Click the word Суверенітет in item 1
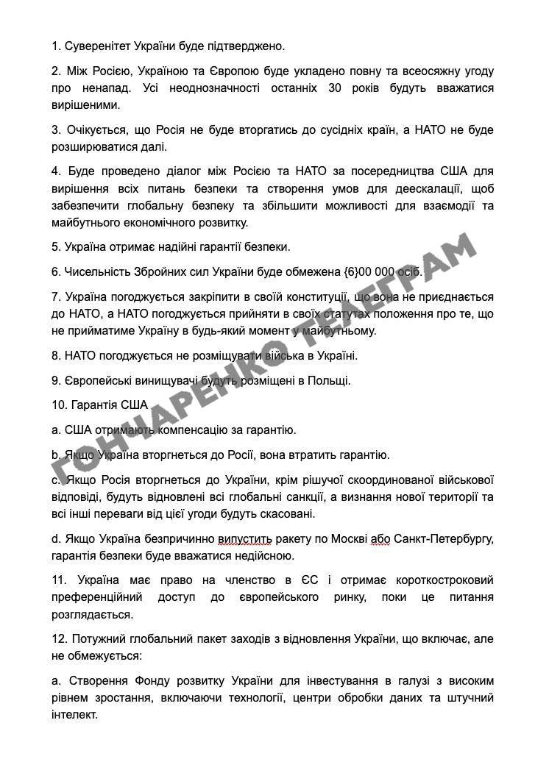pos(96,46)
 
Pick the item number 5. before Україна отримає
pos(57,246)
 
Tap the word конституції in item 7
pos(308,296)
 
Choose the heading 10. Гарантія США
pos(99,405)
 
